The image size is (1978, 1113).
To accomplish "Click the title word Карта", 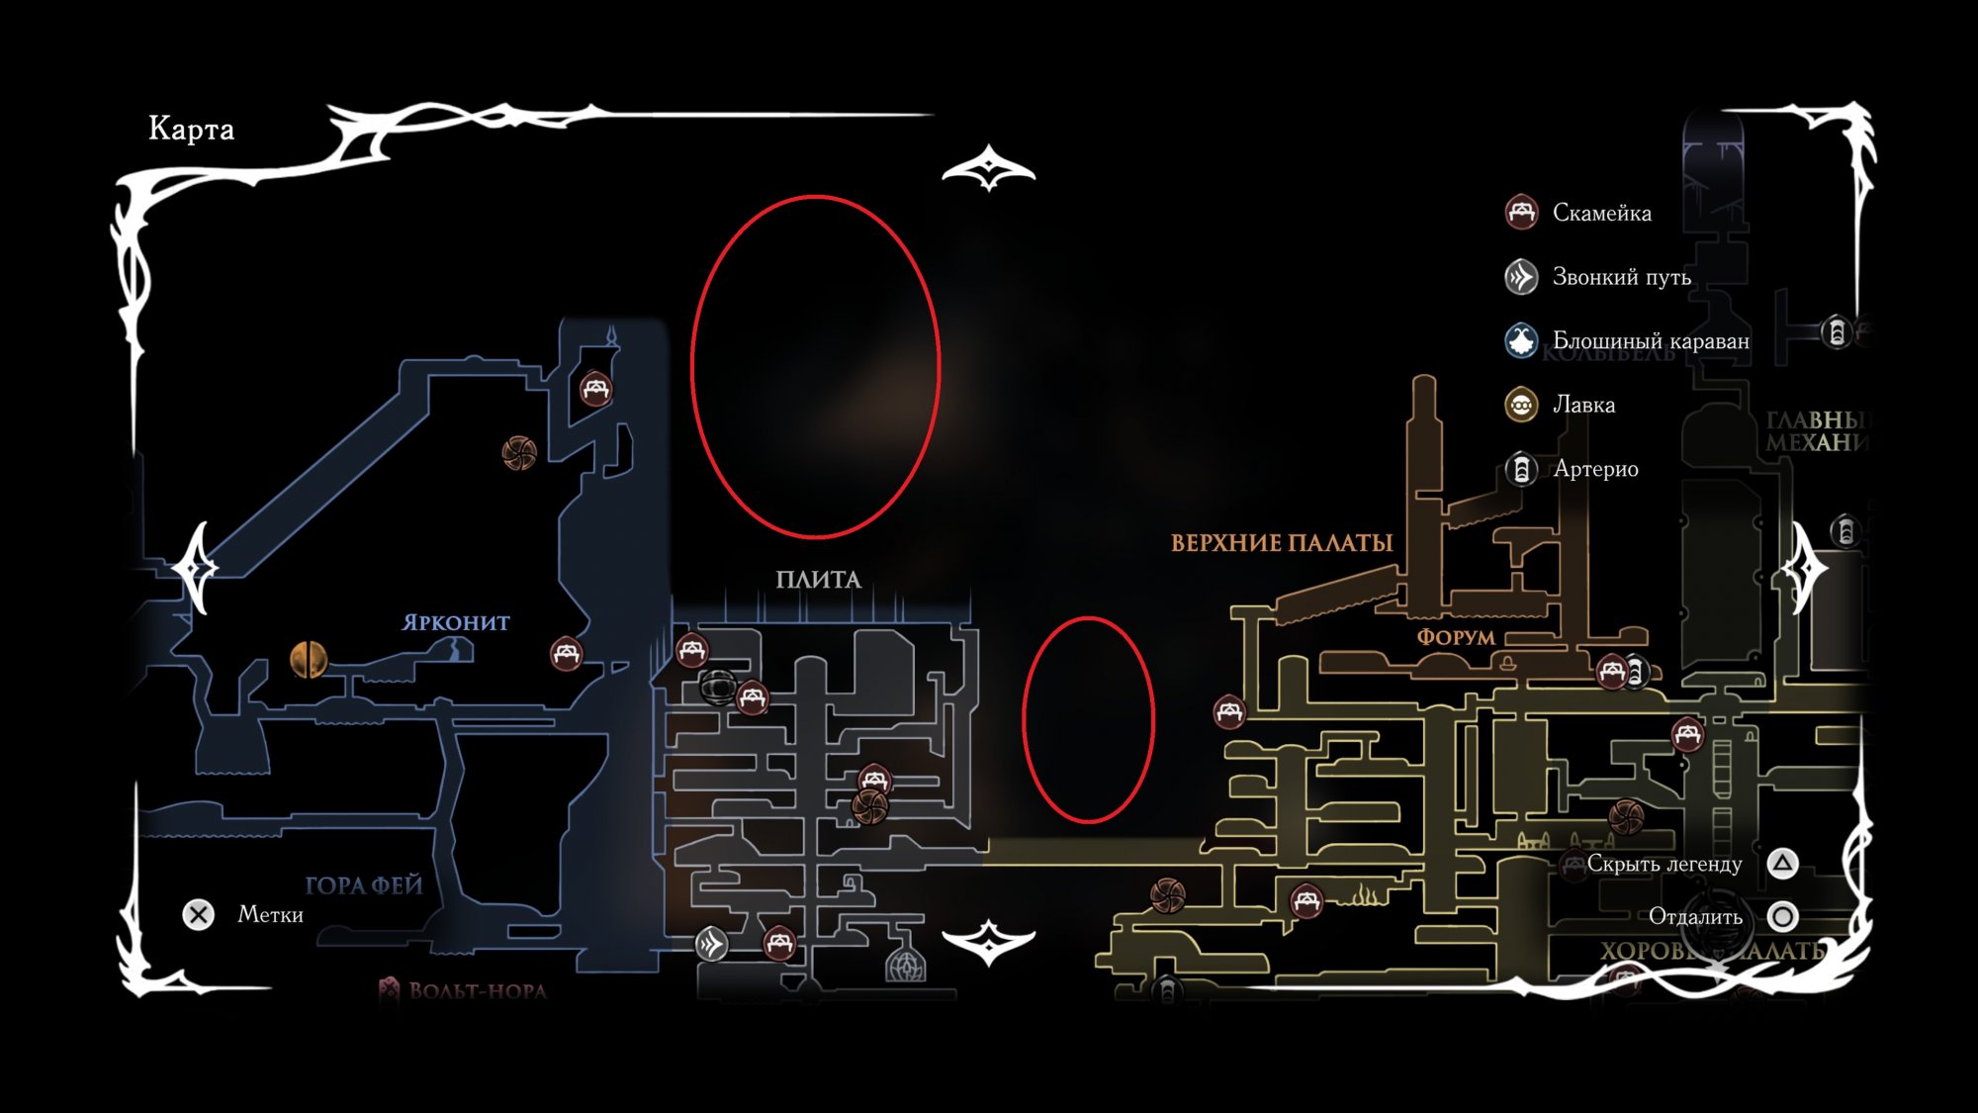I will pos(191,129).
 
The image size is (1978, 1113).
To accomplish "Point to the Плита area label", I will pos(818,580).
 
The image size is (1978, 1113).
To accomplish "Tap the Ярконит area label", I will pos(456,622).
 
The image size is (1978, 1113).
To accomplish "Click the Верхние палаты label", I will pos(1282,542).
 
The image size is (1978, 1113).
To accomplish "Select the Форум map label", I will pos(1456,637).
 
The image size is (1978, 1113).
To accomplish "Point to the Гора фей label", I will pos(363,885).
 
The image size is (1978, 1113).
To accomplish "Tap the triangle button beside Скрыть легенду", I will pos(1782,864).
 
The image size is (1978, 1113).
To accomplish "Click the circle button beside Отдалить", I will pos(1782,916).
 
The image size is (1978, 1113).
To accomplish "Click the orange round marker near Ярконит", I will pos(308,659).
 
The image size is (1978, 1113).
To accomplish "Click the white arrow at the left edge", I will pos(196,569).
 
